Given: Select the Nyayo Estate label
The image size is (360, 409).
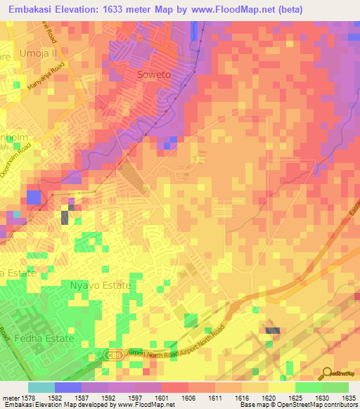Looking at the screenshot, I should tap(101, 285).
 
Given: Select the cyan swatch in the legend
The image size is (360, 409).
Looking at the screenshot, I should tap(41, 387).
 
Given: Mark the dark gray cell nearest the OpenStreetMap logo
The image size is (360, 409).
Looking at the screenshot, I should tap(273, 330).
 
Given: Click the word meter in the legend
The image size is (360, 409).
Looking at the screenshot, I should tap(11, 398).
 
